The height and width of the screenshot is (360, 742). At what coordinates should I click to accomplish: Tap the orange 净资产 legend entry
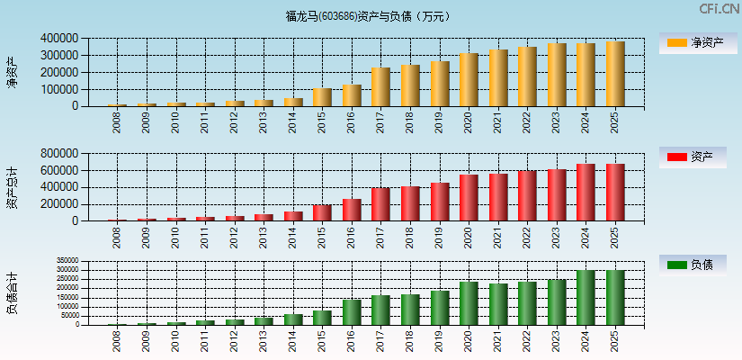pyautogui.click(x=693, y=43)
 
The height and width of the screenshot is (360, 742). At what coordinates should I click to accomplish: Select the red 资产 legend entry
pyautogui.click(x=693, y=157)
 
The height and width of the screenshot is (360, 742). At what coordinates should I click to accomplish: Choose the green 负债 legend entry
pyautogui.click(x=693, y=265)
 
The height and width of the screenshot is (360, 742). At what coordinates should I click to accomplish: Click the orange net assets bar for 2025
pyautogui.click(x=615, y=74)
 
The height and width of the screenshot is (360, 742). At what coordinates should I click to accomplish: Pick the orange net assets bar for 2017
pyautogui.click(x=380, y=87)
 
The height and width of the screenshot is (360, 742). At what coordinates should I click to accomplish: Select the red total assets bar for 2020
pyautogui.click(x=469, y=198)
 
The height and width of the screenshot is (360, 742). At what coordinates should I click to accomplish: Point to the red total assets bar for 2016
pyautogui.click(x=352, y=210)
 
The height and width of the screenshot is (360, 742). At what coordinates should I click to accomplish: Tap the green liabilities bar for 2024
pyautogui.click(x=586, y=298)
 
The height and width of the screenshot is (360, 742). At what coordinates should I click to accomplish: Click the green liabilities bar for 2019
pyautogui.click(x=440, y=308)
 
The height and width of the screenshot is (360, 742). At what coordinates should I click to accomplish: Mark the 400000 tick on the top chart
pyautogui.click(x=58, y=39)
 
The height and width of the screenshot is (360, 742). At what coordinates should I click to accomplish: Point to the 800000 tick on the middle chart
pyautogui.click(x=58, y=154)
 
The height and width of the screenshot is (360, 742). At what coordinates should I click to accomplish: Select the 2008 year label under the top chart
pyautogui.click(x=118, y=122)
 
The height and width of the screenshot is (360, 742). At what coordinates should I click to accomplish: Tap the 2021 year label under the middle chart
pyautogui.click(x=498, y=238)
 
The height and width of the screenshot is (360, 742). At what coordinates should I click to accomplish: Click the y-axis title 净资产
pyautogui.click(x=12, y=72)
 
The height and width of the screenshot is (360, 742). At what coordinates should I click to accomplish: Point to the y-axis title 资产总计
pyautogui.click(x=12, y=187)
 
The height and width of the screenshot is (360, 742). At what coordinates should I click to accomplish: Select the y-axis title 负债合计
pyautogui.click(x=12, y=295)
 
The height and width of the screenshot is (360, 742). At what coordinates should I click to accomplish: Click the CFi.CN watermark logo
pyautogui.click(x=719, y=9)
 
